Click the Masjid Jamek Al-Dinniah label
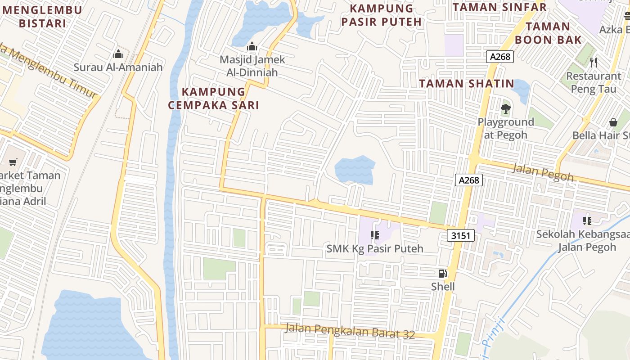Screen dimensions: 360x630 click(x=252, y=66)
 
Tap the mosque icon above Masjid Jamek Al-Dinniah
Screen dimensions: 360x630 click(x=252, y=46)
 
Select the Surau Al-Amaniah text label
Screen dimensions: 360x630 click(x=118, y=67)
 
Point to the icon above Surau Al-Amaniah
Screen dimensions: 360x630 click(x=118, y=54)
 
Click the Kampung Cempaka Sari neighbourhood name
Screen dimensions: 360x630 click(x=214, y=98)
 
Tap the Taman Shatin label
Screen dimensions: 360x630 click(x=467, y=83)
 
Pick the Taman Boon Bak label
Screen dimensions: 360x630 click(x=548, y=33)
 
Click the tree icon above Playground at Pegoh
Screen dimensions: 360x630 click(x=506, y=108)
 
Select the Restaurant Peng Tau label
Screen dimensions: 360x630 click(x=594, y=82)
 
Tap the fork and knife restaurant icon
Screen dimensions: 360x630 click(x=594, y=62)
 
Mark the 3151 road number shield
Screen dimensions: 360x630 click(x=461, y=235)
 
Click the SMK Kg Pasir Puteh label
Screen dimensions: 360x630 click(x=375, y=248)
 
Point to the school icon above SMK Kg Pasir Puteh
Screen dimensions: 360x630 click(x=374, y=235)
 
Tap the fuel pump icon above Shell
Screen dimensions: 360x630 click(x=443, y=273)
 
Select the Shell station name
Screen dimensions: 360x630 click(x=443, y=287)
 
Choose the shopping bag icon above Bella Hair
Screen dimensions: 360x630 click(x=613, y=122)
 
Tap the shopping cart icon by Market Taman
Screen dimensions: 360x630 click(x=13, y=162)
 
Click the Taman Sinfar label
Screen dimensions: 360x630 click(x=499, y=7)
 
